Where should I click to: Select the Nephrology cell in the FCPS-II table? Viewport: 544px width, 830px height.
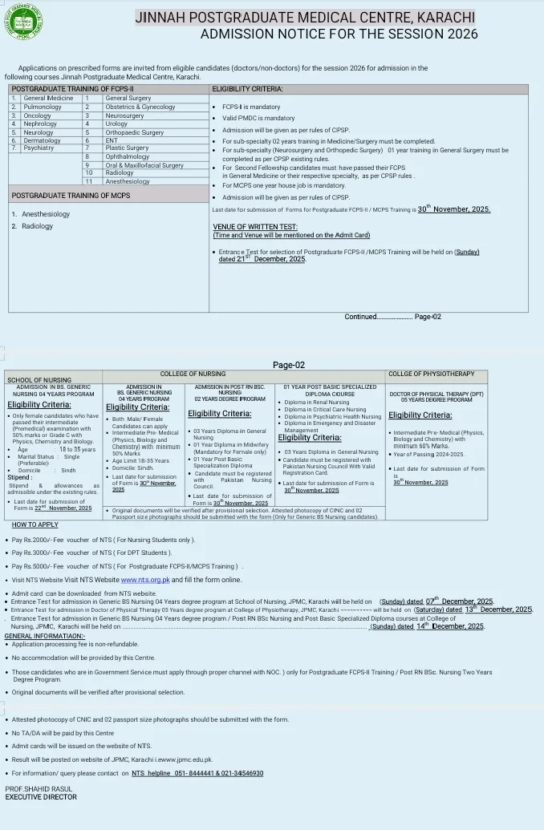[40, 124]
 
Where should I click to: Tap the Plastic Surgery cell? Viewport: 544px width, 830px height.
[127, 148]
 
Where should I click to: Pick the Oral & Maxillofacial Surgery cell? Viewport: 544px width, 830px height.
[144, 165]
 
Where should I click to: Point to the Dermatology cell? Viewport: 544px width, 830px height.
[42, 140]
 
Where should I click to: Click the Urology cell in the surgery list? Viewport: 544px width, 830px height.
[116, 124]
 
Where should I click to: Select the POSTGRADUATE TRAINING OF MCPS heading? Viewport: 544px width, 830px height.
[71, 196]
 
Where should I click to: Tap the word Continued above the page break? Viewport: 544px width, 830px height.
[360, 317]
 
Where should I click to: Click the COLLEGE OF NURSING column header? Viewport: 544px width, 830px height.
[193, 374]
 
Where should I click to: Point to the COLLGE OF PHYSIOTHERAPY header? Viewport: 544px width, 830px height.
[431, 374]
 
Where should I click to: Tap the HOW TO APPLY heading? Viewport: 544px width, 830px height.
[35, 524]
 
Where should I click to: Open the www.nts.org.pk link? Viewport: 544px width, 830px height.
[145, 579]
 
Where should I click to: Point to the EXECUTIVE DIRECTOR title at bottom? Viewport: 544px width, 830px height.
[41, 797]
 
